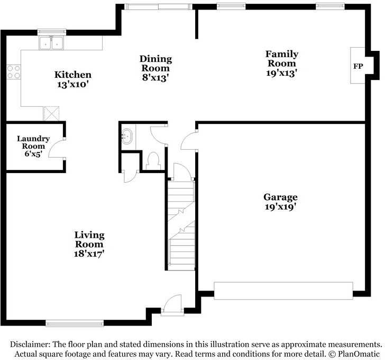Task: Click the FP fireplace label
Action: (357, 67)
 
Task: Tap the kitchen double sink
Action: (51, 43)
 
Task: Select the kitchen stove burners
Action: (13, 72)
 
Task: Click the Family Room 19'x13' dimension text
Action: (281, 73)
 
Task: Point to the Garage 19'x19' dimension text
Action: (280, 207)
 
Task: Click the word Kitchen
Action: (73, 75)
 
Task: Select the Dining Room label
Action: (155, 64)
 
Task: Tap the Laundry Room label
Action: (33, 142)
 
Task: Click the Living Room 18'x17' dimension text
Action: (89, 254)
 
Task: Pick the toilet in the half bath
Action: (153, 159)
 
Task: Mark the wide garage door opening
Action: (283, 291)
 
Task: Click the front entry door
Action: (171, 305)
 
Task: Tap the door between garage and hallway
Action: (189, 140)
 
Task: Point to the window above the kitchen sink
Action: (51, 32)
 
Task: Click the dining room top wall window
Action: (157, 6)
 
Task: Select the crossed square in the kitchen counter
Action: (51, 113)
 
